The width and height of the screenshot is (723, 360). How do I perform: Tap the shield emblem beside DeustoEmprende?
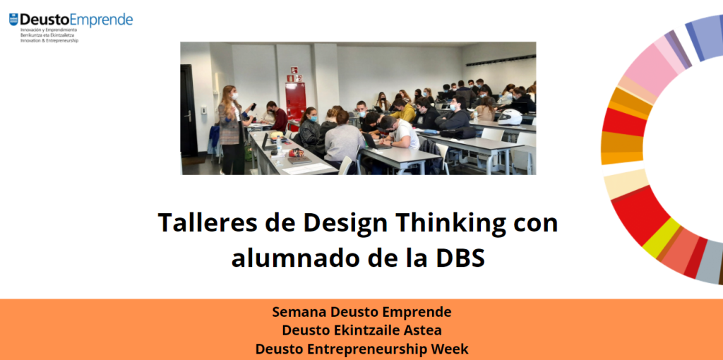tap(13, 19)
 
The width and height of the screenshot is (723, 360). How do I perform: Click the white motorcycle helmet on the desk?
tap(510, 117)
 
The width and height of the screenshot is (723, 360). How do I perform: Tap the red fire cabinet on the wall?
tap(295, 101)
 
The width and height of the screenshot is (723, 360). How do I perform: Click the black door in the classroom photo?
tap(189, 111)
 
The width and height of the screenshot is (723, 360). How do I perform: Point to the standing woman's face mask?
tap(234, 96)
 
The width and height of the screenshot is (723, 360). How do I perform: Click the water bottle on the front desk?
tap(279, 145)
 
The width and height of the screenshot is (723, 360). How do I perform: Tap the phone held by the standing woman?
tap(253, 107)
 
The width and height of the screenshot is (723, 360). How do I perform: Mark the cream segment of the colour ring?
tap(626, 184)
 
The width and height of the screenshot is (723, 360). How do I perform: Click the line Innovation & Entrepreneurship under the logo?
tap(49, 40)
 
